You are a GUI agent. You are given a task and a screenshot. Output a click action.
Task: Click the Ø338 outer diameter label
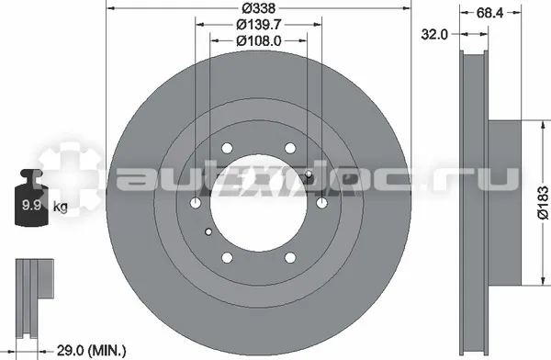[x=259, y=7]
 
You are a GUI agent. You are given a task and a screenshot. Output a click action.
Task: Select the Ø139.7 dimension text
[x=259, y=25]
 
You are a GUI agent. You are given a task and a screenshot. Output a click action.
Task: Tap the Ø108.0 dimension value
[x=259, y=41]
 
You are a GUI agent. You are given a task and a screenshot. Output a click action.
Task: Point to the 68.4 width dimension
[x=489, y=13]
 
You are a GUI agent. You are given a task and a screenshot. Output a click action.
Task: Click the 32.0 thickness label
[x=434, y=35]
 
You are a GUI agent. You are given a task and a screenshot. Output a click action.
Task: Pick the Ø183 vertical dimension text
[x=544, y=203]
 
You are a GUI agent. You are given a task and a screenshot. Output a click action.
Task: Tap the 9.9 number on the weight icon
[x=31, y=205]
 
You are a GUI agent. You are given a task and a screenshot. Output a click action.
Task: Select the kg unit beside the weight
[x=60, y=207]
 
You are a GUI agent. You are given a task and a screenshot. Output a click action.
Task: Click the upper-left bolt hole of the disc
[x=227, y=148]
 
